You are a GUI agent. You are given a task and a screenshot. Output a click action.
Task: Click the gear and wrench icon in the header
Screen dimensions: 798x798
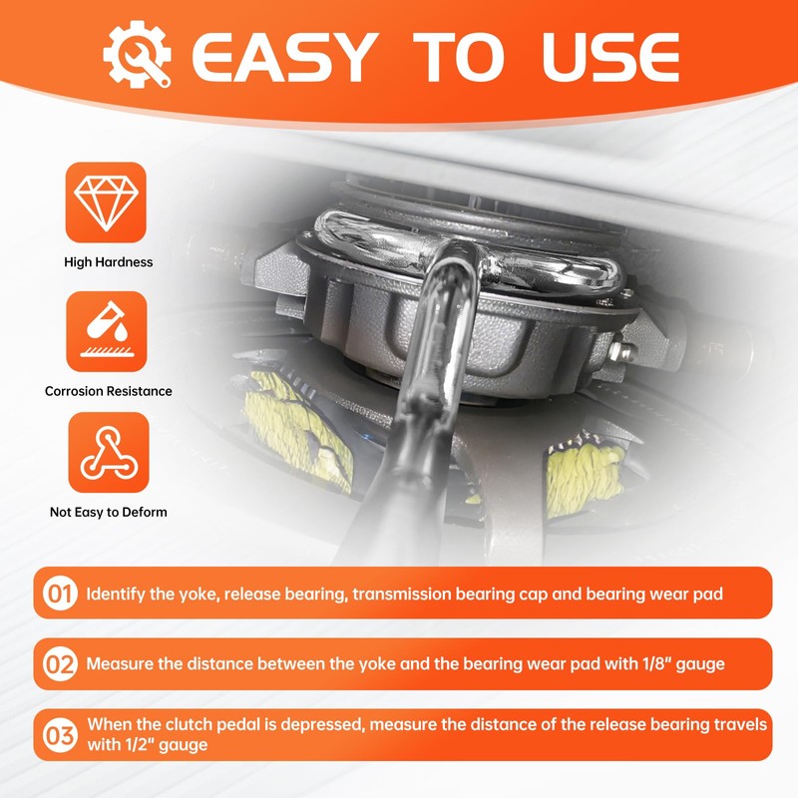138,54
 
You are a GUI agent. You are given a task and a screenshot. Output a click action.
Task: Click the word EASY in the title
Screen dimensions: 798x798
285,57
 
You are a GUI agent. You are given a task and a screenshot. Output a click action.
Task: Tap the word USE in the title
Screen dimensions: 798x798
610,57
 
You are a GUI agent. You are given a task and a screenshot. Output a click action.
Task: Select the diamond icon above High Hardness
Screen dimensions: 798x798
106,202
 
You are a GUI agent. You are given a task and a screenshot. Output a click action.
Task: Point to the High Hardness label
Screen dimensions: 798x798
109,262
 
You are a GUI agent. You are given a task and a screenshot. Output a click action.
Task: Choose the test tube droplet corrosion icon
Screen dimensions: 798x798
107,331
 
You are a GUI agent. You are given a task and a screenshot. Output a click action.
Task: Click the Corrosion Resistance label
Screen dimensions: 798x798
109,391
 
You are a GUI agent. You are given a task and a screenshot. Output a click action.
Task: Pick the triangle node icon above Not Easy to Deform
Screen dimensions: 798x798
109,453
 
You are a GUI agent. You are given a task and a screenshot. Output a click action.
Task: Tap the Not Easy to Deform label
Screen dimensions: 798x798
109,512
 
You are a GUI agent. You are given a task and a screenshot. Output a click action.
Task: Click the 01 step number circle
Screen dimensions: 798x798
60,594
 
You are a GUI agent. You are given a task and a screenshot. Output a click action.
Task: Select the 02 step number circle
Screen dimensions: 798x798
60,664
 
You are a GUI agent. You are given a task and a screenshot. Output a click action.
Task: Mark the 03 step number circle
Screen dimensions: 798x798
60,735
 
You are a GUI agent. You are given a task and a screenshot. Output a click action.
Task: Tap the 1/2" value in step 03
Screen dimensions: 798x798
140,744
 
